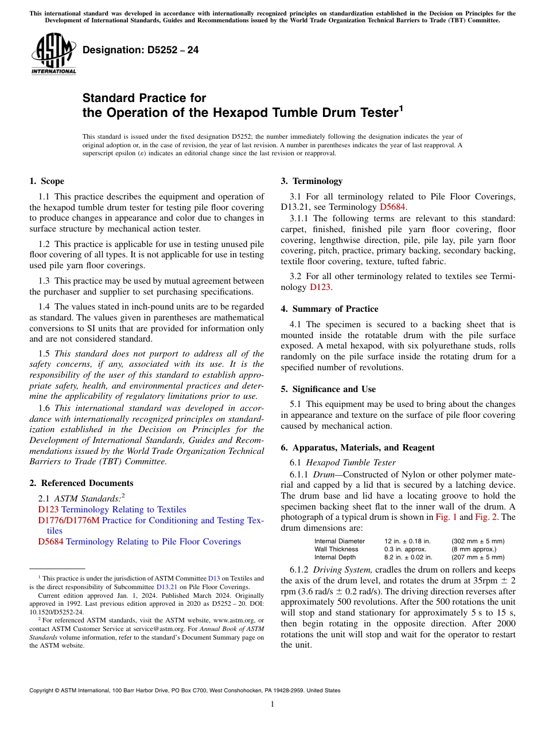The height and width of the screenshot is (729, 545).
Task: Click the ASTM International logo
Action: click(53, 54)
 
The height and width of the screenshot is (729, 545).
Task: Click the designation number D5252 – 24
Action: click(141, 50)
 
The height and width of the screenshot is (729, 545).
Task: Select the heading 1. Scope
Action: click(46, 181)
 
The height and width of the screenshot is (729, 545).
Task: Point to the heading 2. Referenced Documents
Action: click(81, 483)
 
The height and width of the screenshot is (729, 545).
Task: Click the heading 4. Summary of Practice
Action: click(329, 309)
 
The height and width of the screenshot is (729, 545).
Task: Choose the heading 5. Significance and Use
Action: click(328, 389)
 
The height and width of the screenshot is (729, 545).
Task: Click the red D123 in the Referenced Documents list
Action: click(48, 509)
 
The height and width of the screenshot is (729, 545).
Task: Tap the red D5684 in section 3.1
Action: click(393, 207)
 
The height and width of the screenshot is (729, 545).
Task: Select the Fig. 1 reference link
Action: click(445, 517)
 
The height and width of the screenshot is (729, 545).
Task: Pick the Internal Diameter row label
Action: click(339, 541)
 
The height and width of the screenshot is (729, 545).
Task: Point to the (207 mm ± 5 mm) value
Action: click(478, 557)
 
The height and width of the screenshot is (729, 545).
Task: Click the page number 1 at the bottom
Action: click(272, 704)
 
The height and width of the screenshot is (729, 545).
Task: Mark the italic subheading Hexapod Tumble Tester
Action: click(351, 463)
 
